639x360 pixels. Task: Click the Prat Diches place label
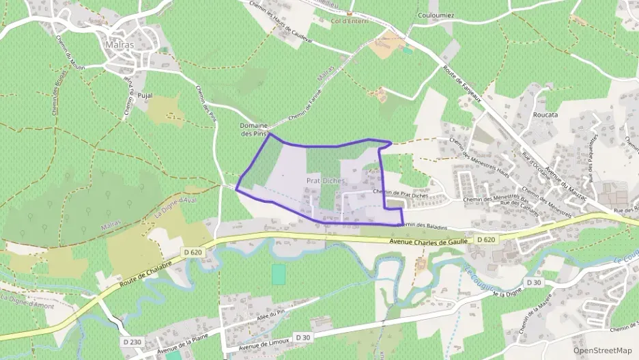[x=325, y=180]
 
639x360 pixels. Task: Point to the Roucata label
[x=545, y=115]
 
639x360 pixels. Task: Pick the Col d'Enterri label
[x=350, y=21]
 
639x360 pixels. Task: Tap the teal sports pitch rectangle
[x=279, y=274]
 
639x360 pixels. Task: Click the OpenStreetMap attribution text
[x=603, y=350]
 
